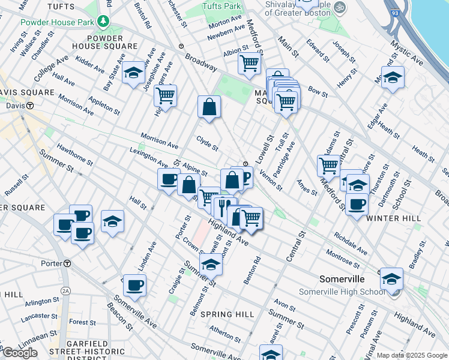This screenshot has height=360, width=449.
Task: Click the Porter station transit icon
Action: click(67, 263)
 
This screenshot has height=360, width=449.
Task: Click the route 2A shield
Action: click(65, 290)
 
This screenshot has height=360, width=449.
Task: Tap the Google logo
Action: click(20, 353)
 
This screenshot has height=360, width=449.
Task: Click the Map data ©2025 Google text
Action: click(412, 355)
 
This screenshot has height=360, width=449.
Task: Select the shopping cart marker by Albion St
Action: click(249, 62)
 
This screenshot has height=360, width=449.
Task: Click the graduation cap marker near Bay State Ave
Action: click(133, 73)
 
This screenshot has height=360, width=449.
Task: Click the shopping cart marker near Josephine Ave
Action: click(165, 95)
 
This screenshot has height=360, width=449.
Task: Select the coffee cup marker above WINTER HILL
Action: click(357, 204)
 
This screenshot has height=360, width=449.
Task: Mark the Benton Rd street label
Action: click(256, 269)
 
